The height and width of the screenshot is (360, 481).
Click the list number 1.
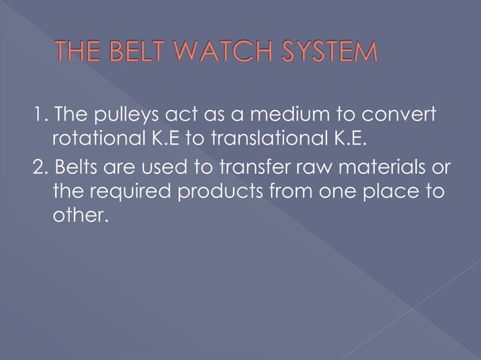38,117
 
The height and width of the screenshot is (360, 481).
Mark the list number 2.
39,166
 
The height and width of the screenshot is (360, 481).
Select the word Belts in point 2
77,166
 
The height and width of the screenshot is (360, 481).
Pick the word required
131,192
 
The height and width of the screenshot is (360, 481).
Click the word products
227,191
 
